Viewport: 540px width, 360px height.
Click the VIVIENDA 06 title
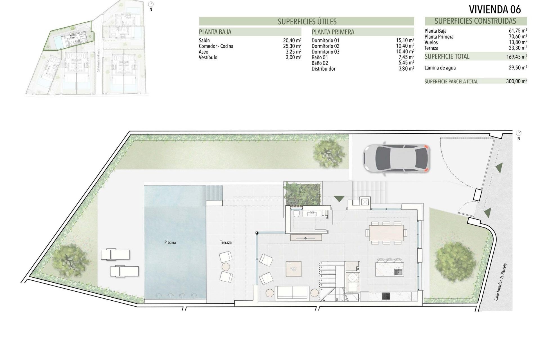495,9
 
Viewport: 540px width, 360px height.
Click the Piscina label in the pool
170,242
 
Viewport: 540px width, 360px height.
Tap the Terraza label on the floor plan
226,242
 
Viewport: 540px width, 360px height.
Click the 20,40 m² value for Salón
292,40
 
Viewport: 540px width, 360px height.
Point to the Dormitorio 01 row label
325,40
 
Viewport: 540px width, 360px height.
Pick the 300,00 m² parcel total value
516,82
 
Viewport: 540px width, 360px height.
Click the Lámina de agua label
440,68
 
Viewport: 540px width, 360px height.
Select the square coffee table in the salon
294,269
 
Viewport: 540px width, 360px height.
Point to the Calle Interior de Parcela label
501,286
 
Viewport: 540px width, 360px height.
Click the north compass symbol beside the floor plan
519,133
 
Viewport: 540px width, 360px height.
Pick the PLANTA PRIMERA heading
333,32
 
